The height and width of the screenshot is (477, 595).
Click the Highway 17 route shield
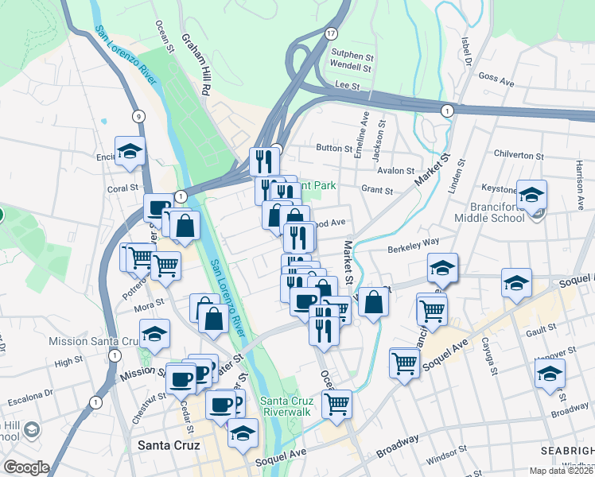point(331,33)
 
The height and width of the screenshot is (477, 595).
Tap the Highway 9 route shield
point(138,116)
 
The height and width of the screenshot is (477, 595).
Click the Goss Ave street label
point(498,79)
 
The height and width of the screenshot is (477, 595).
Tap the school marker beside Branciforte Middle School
point(531,194)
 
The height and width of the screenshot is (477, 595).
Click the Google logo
point(26,467)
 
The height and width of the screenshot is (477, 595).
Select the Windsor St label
point(447,460)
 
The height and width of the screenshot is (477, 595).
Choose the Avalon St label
point(396,170)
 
